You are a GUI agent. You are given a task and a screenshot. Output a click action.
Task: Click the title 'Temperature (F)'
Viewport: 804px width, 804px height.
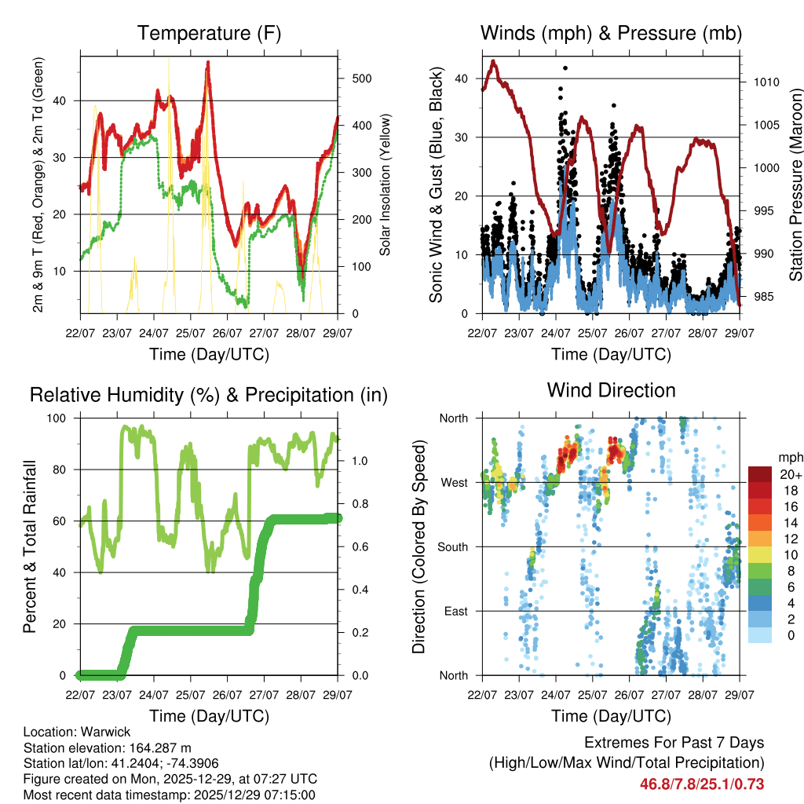pyautogui.click(x=209, y=33)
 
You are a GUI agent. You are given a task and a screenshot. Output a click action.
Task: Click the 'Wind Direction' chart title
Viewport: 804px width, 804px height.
pyautogui.click(x=611, y=389)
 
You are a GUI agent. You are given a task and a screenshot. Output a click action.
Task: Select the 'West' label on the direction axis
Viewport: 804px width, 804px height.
pyautogui.click(x=454, y=482)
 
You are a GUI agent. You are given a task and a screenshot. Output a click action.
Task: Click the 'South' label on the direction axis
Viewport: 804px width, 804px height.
pyautogui.click(x=452, y=546)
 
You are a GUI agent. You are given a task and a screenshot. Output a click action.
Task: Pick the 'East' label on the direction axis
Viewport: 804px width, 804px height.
pyautogui.click(x=455, y=611)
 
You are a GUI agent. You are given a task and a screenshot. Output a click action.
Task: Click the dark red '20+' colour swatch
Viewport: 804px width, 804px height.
pyautogui.click(x=759, y=474)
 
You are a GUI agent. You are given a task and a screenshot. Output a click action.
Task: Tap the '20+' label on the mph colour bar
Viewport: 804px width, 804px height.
pyautogui.click(x=790, y=474)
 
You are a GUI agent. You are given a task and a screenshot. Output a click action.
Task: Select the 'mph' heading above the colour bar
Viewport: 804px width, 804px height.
pyautogui.click(x=790, y=457)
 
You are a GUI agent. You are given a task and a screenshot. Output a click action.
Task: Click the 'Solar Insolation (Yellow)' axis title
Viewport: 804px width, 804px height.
pyautogui.click(x=386, y=185)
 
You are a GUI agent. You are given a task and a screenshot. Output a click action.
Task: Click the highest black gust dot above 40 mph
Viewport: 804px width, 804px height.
pyautogui.click(x=565, y=68)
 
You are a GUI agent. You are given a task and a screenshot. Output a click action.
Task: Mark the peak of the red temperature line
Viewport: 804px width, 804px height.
pyautogui.click(x=208, y=62)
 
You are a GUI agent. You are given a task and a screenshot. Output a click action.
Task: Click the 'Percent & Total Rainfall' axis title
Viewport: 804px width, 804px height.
pyautogui.click(x=29, y=546)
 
